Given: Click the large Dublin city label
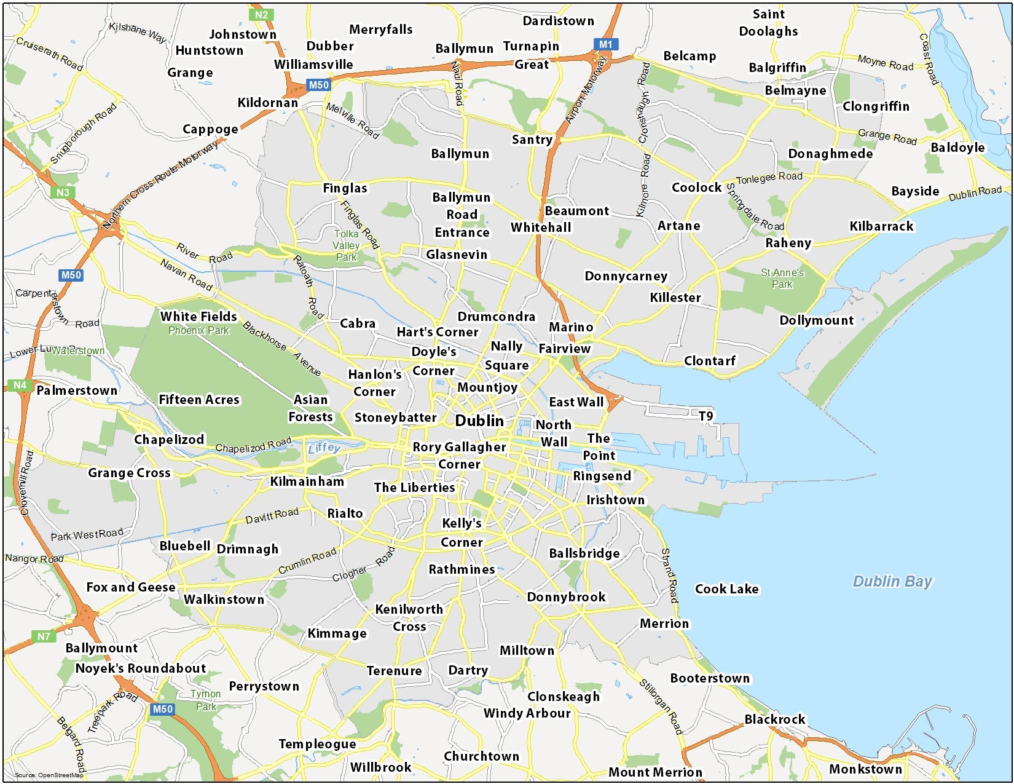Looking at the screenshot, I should [x=479, y=421].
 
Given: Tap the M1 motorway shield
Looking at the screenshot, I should [x=605, y=44].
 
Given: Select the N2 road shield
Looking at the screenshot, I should [x=261, y=15].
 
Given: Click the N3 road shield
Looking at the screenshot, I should [x=63, y=192].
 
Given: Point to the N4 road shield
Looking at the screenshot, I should [x=20, y=386].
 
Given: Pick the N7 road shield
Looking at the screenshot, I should [x=44, y=636].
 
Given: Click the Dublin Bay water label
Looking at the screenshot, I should [x=892, y=581].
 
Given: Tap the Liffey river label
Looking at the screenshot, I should [x=324, y=448].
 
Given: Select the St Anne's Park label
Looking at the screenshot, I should [x=782, y=278].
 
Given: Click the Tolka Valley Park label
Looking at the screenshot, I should [x=346, y=245].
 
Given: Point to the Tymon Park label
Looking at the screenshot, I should [x=206, y=700].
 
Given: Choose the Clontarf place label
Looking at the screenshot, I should [x=710, y=361].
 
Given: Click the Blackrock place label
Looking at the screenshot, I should [x=774, y=719].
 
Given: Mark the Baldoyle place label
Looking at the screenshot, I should [x=957, y=148].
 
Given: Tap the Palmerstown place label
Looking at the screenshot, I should [x=77, y=390].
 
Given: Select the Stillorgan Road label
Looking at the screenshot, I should [x=661, y=707].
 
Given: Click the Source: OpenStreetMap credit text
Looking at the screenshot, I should [x=49, y=775].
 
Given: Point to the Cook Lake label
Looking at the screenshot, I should [x=726, y=589].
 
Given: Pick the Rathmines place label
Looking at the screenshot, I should [x=462, y=569].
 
